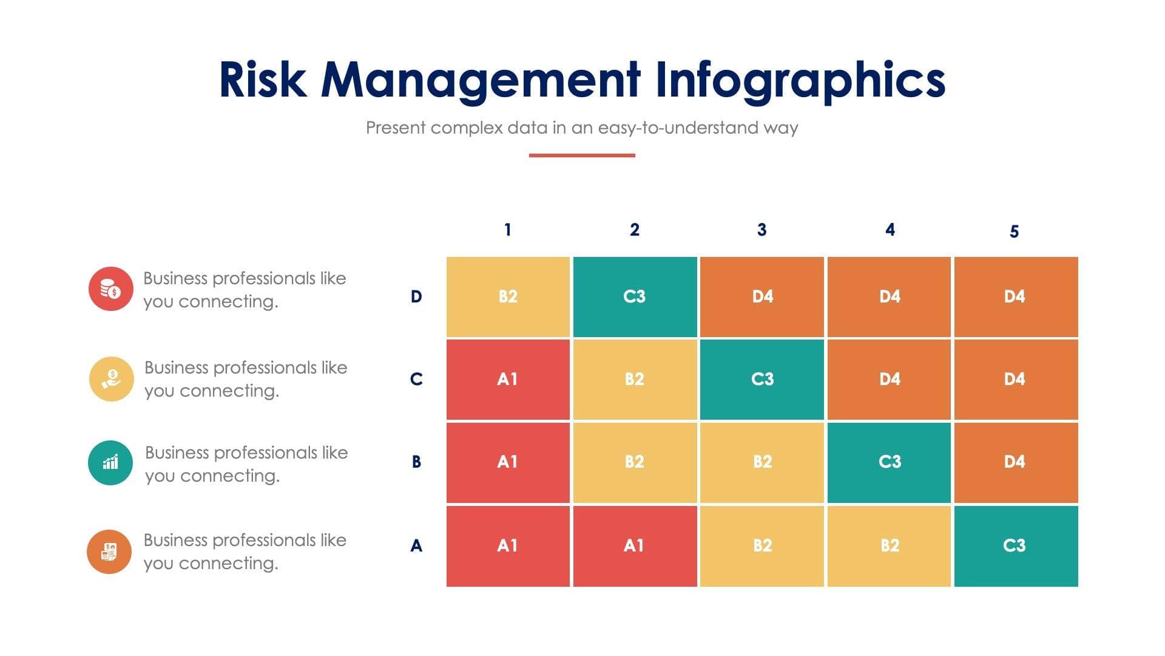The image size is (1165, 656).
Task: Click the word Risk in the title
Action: tap(262, 80)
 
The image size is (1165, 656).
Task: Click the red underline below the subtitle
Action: tap(582, 155)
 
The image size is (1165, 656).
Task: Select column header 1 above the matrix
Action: tap(508, 230)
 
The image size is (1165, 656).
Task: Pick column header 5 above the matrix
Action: tap(1014, 231)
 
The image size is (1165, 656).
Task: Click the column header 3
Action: tap(761, 230)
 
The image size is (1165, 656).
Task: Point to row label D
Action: tap(416, 296)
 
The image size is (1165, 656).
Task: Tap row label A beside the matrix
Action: tap(416, 545)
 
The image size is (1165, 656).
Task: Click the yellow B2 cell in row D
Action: tap(508, 296)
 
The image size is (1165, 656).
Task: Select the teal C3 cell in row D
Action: tap(635, 296)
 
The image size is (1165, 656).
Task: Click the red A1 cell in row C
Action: tap(508, 379)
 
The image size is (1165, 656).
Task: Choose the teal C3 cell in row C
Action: tap(762, 379)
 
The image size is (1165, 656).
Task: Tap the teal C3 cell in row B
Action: tap(889, 462)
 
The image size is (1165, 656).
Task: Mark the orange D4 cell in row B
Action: tap(1016, 462)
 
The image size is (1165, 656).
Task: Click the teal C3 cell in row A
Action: tap(1016, 545)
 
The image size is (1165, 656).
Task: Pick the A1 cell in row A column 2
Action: tap(635, 545)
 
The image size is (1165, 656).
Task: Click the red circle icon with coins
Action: tap(110, 289)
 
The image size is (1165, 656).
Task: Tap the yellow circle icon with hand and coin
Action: tap(111, 379)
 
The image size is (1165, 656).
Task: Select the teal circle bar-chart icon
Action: tap(110, 463)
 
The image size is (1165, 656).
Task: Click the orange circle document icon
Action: tap(109, 552)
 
